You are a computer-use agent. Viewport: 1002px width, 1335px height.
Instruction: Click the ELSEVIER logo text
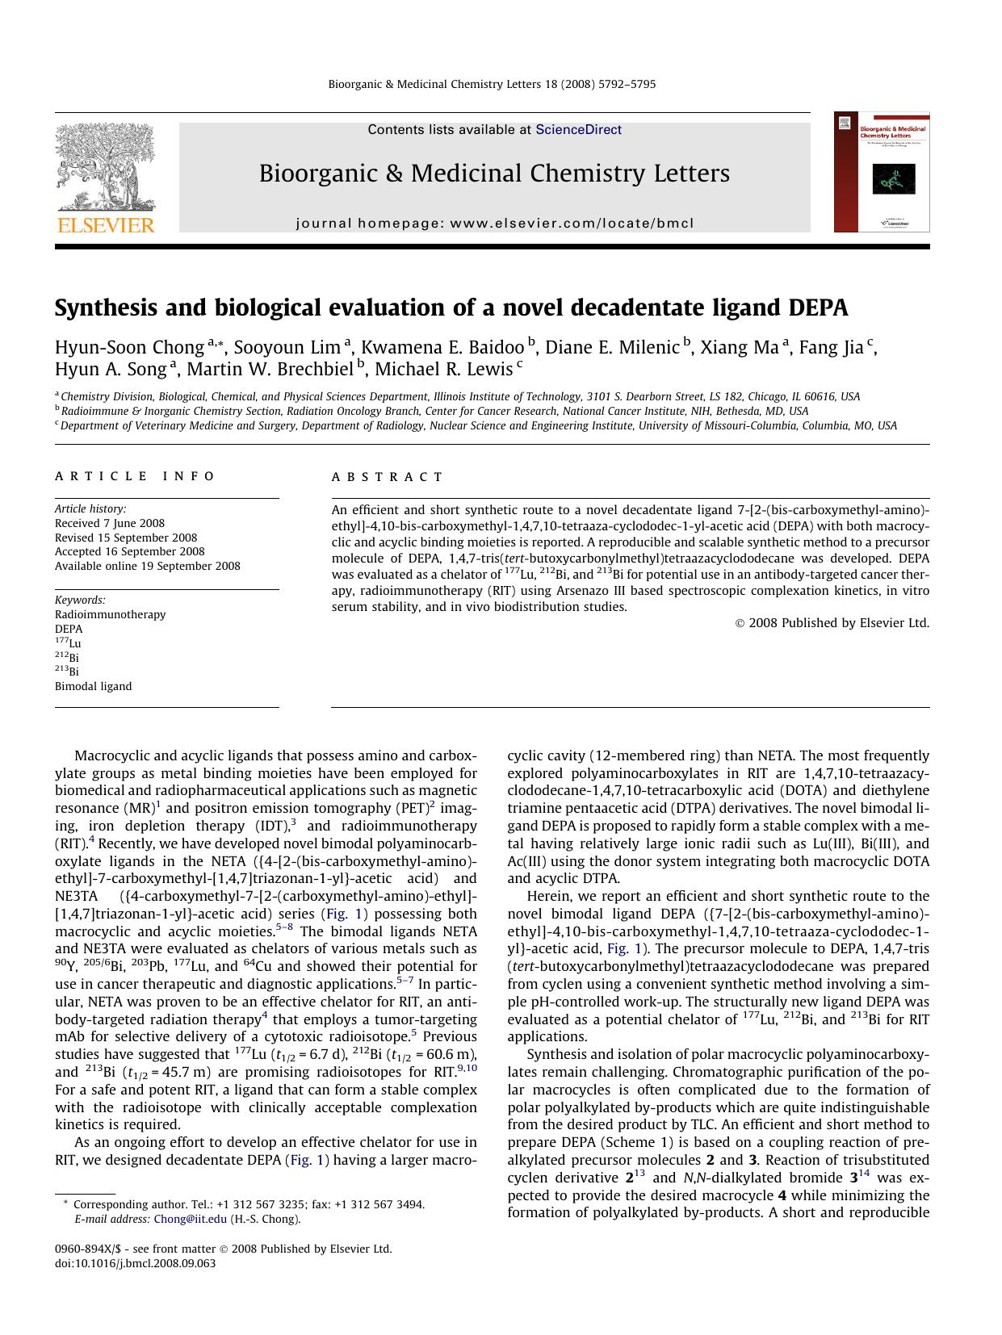click(105, 225)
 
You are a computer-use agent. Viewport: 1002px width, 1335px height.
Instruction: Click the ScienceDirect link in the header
click(578, 129)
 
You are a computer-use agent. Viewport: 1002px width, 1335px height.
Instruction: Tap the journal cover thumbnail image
click(881, 173)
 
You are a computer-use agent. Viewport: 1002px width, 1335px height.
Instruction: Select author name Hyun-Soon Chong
click(129, 348)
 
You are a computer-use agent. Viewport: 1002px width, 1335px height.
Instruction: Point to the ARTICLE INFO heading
click(135, 476)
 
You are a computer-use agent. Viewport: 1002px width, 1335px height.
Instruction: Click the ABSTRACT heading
click(388, 477)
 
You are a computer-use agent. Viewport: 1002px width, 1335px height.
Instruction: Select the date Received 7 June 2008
click(110, 523)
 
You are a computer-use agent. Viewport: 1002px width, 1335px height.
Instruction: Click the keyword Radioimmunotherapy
click(110, 614)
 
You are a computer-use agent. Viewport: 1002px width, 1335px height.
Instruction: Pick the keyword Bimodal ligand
click(93, 686)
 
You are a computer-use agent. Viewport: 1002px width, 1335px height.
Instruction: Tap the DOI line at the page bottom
click(135, 1263)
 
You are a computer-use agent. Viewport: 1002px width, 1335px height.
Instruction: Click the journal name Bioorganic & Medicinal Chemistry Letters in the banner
click(494, 174)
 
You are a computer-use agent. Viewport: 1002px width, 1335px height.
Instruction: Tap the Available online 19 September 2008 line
click(147, 566)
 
